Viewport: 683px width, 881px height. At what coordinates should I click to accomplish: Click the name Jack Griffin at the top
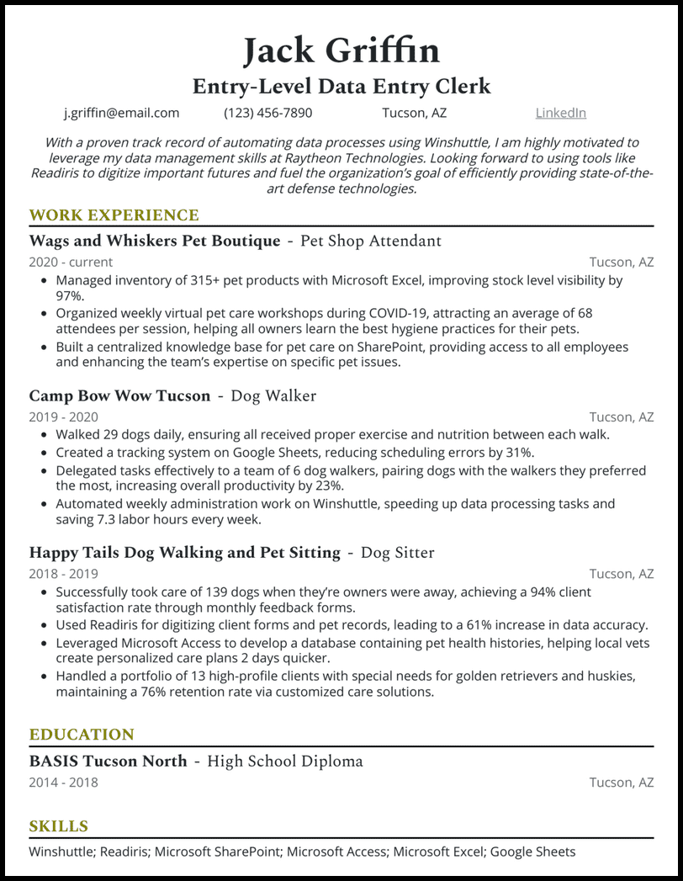(341, 50)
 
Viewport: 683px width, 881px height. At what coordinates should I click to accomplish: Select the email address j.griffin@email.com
(122, 113)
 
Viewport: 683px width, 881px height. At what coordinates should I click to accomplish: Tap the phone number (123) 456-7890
(267, 113)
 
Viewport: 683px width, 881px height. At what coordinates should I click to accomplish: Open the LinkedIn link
(560, 113)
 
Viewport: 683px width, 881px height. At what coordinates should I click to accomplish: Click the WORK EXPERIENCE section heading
(114, 215)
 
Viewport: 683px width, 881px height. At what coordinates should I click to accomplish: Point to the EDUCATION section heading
(82, 735)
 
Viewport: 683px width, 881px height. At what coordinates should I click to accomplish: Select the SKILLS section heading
(58, 826)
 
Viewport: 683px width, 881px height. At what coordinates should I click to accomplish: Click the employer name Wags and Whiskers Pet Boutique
(154, 241)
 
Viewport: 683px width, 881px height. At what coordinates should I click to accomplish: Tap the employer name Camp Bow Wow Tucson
(119, 395)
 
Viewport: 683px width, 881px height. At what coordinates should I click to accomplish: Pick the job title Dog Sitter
(397, 553)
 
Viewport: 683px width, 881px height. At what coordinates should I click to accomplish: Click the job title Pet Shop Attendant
(370, 241)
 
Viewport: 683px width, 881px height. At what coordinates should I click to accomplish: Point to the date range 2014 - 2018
(63, 783)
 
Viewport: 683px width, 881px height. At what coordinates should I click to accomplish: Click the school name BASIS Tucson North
(108, 762)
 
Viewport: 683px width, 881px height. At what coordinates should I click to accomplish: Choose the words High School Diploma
(285, 762)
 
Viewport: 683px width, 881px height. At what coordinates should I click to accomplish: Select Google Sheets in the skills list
(532, 852)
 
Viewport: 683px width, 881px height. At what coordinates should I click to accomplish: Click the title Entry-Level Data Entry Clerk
(341, 86)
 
